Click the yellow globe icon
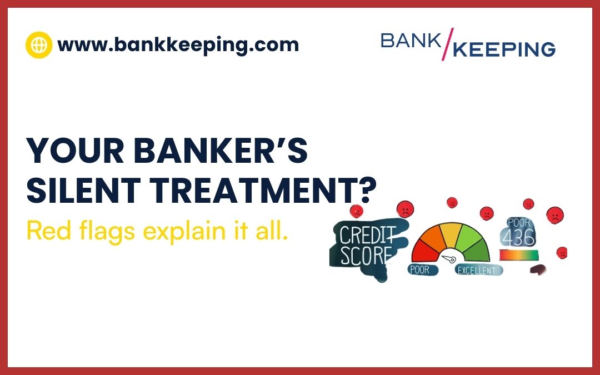(x=39, y=45)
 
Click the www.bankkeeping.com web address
(x=178, y=44)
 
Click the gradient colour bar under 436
(x=518, y=255)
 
